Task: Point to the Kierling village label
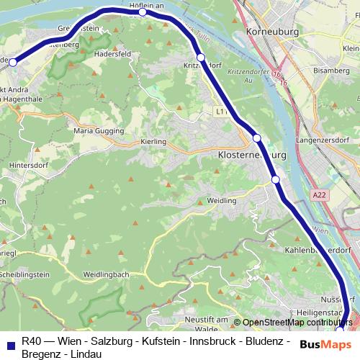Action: point(154,142)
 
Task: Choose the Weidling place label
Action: point(221,200)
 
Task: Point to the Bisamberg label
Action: point(338,71)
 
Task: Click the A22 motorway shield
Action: point(319,194)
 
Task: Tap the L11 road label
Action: point(221,112)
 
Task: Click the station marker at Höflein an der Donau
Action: point(143,12)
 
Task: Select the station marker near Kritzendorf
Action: point(201,57)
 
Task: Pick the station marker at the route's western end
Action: point(12,63)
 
